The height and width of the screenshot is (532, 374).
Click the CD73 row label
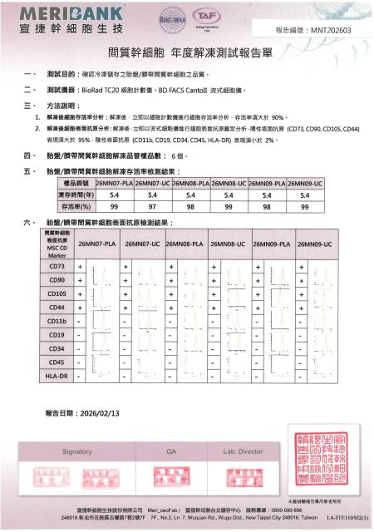57,266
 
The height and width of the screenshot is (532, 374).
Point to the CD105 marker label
57,293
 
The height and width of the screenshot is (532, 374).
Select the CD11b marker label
57,321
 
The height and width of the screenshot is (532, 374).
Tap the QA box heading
173,451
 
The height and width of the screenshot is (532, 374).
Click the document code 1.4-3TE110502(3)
345,516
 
